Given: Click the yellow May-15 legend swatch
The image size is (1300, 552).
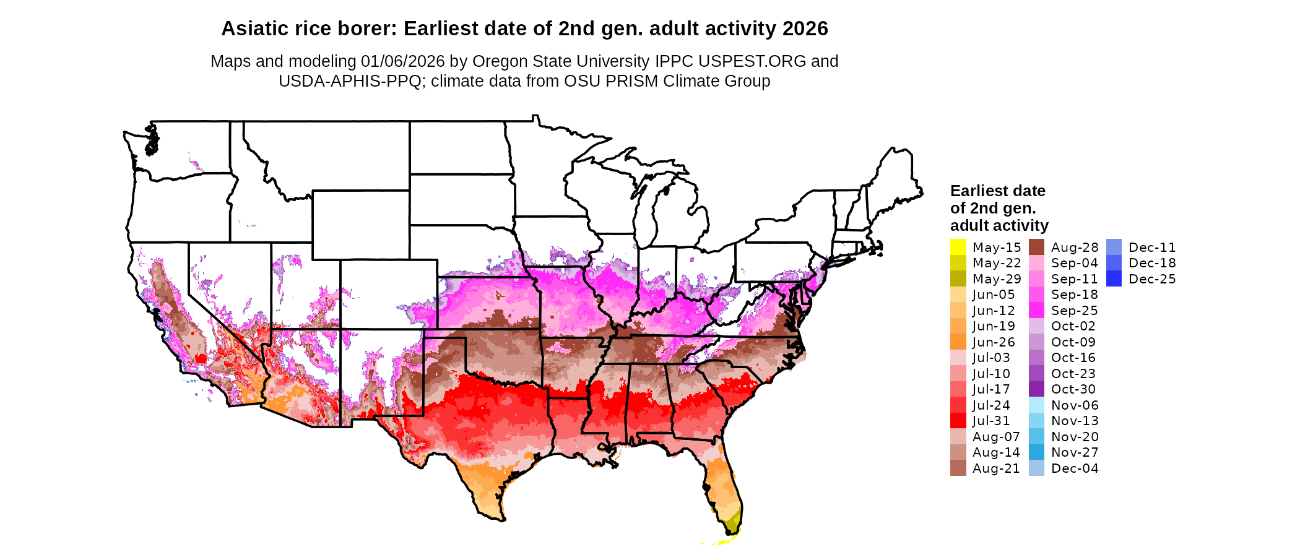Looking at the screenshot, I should pos(958,247).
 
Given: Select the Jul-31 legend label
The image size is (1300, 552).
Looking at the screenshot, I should pos(990,421).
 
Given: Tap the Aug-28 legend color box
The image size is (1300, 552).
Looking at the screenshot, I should pos(1036,247).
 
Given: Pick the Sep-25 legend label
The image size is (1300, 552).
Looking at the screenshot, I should pos(1074,311).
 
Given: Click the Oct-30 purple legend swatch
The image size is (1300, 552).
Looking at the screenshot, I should pos(1036,389).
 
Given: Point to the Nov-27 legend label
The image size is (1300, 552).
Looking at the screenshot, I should pos(1074,452).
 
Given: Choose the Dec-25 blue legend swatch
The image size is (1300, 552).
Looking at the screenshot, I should pos(1114,279).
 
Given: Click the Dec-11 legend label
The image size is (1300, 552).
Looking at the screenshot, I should pos(1151,248).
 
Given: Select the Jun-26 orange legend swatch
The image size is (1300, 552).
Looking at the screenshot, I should pos(958,342).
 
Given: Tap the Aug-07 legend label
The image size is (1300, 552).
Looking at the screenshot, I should pos(995,437).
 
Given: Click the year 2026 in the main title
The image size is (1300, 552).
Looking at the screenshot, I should pos(805,28).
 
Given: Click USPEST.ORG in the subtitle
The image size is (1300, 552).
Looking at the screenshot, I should pos(752,61).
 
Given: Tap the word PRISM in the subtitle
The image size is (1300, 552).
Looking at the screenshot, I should pos(634,81).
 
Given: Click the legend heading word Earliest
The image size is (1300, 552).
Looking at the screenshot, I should pos(977,191).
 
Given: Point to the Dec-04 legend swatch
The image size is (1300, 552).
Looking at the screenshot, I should pos(1036,468).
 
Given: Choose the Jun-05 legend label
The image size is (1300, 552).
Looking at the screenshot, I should pos(993,295).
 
